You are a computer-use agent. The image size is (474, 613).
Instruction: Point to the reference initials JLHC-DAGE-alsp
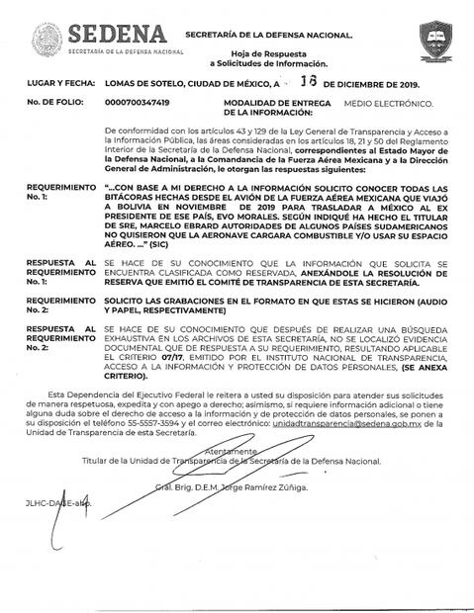tap(58, 502)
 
